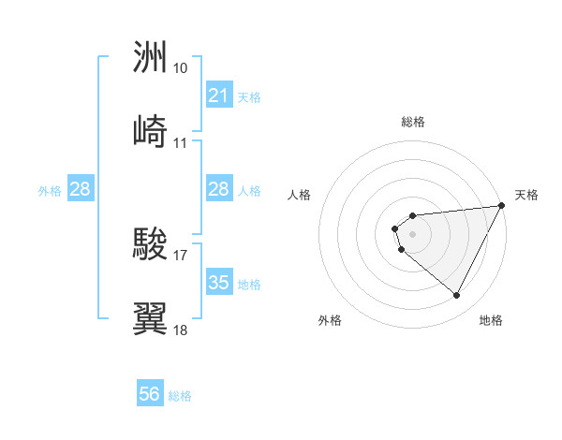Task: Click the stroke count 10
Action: (181, 68)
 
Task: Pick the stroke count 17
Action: (181, 253)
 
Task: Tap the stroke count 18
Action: (181, 330)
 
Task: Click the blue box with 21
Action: (218, 95)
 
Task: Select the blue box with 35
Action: (218, 283)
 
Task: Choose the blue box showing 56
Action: (150, 394)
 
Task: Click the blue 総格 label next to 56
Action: (181, 396)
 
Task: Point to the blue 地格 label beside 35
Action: (249, 284)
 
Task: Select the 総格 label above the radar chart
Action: (413, 122)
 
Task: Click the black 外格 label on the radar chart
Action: (330, 320)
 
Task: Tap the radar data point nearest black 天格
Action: (501, 205)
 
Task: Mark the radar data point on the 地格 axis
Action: (457, 296)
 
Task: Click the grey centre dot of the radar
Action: (412, 234)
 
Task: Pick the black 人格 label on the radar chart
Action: (300, 195)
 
